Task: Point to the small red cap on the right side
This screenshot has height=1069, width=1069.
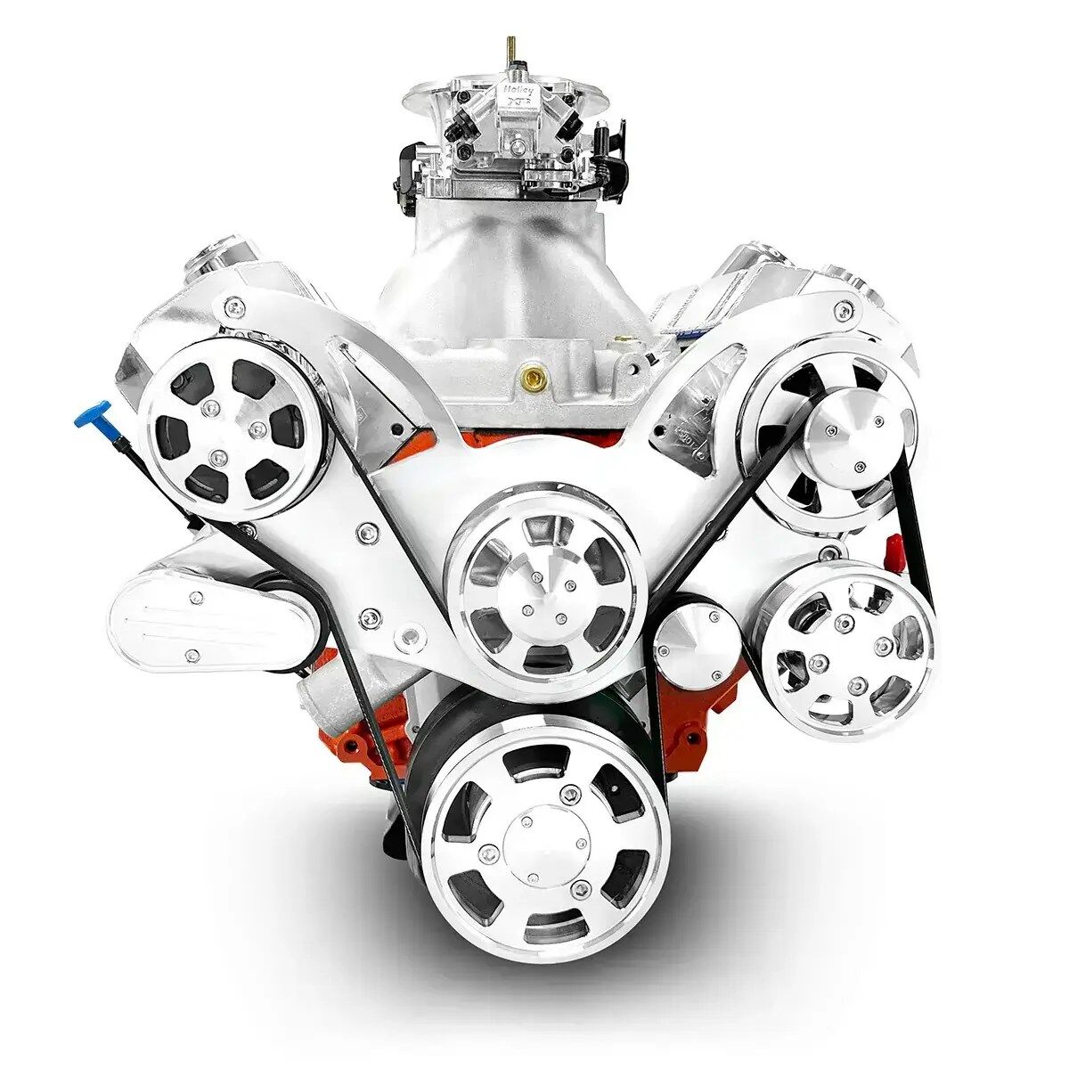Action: click(892, 547)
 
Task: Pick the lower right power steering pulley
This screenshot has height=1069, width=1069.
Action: click(848, 650)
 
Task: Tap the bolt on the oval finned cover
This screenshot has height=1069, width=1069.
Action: click(192, 657)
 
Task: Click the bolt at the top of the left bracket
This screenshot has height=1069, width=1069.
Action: click(234, 308)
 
